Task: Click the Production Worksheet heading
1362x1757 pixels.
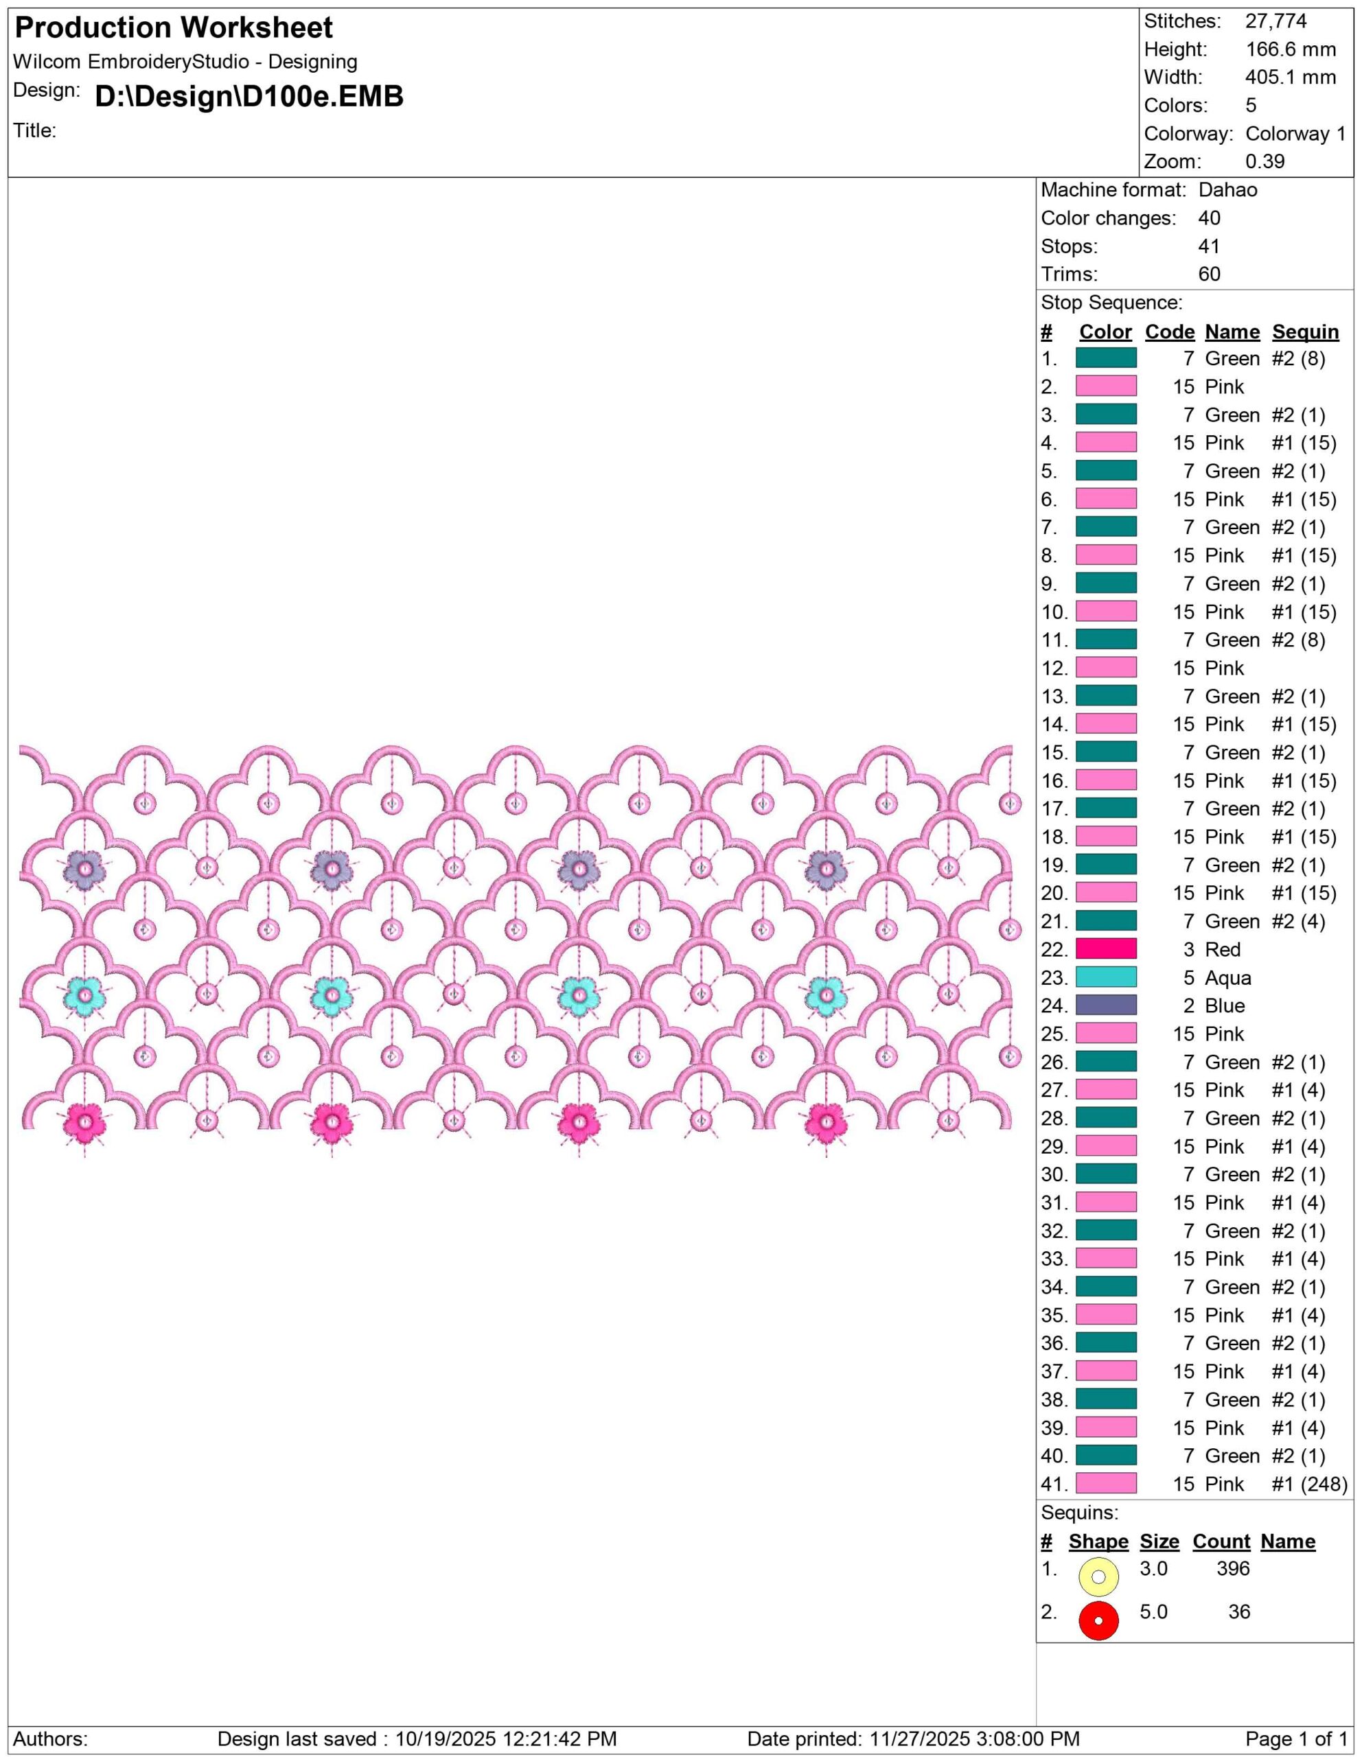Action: [x=174, y=28]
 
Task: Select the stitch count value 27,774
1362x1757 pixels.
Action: [x=1276, y=22]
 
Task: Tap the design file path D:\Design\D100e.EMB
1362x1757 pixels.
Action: [x=249, y=97]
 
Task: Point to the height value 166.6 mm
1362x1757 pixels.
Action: [x=1291, y=50]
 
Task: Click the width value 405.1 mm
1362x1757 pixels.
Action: [x=1291, y=78]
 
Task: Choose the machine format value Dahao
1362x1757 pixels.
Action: [x=1227, y=191]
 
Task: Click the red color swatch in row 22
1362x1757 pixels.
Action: [x=1106, y=949]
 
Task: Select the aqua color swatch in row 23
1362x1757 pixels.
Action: [x=1106, y=977]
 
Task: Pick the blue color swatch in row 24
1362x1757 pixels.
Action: [x=1106, y=1005]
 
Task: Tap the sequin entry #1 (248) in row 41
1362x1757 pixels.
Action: [x=1309, y=1485]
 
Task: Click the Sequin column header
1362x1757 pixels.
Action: [x=1305, y=332]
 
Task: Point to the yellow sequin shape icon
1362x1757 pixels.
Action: [x=1098, y=1576]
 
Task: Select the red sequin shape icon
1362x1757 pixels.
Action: [x=1098, y=1621]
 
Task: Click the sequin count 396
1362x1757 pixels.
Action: [x=1233, y=1568]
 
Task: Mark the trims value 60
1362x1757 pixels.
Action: [x=1209, y=275]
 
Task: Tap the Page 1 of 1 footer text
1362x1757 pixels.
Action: [x=1296, y=1739]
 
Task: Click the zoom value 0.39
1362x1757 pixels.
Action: [x=1265, y=162]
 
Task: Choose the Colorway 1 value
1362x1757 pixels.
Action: [x=1295, y=135]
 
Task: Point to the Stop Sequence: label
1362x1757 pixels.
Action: [x=1112, y=303]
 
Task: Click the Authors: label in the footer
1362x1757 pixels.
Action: [x=51, y=1739]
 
